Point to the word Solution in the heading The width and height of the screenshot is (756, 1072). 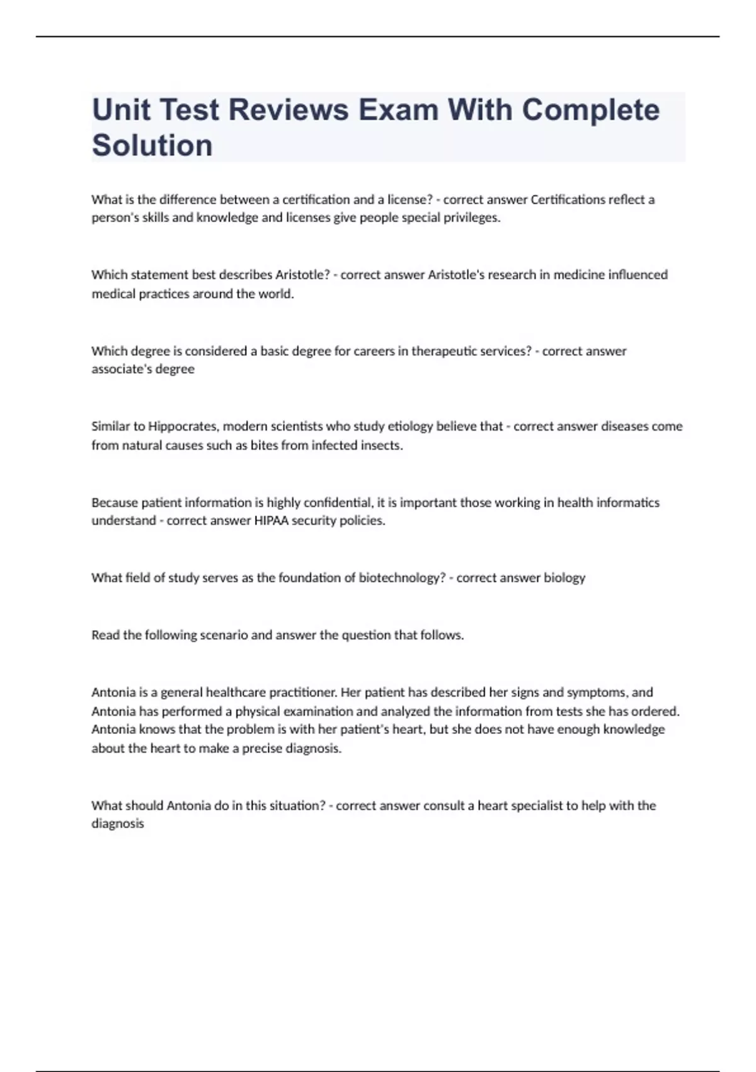152,146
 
